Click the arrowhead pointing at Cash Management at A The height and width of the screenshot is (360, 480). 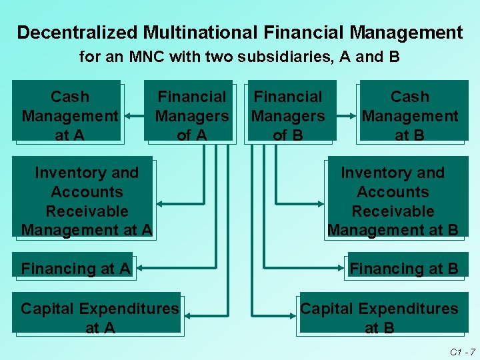(x=129, y=115)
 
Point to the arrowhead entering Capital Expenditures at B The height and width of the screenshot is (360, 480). (x=296, y=313)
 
